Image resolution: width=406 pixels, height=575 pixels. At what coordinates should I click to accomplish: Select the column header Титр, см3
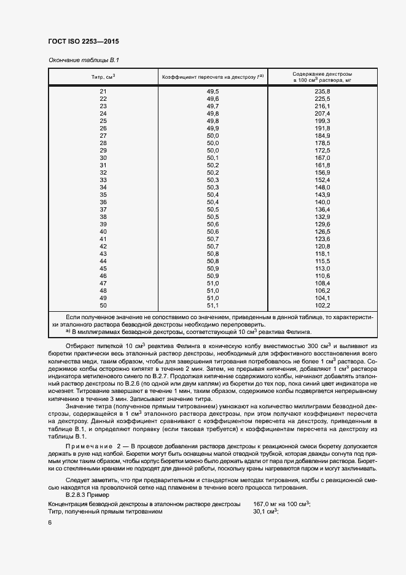(103, 77)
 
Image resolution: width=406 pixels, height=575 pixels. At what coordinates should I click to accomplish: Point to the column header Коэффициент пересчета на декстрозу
(213, 77)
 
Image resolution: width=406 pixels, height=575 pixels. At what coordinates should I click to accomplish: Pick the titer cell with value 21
(103, 92)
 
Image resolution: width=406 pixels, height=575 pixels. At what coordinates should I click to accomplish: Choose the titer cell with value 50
(103, 306)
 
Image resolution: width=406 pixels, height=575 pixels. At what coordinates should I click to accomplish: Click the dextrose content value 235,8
(322, 92)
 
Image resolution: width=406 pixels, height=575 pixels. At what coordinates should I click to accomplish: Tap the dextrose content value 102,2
(322, 306)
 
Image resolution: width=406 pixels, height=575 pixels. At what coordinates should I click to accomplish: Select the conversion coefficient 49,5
(213, 92)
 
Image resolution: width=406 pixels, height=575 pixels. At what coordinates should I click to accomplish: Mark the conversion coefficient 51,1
(213, 306)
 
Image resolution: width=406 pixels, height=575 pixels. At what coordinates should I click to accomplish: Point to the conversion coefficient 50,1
(213, 158)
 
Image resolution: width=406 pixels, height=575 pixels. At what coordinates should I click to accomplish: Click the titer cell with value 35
(103, 195)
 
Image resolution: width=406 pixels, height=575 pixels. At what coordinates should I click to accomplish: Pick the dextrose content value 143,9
(322, 195)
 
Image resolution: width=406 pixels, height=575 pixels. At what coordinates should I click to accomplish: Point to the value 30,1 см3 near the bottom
(266, 511)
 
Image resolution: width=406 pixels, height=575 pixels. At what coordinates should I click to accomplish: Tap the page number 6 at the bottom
(50, 522)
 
